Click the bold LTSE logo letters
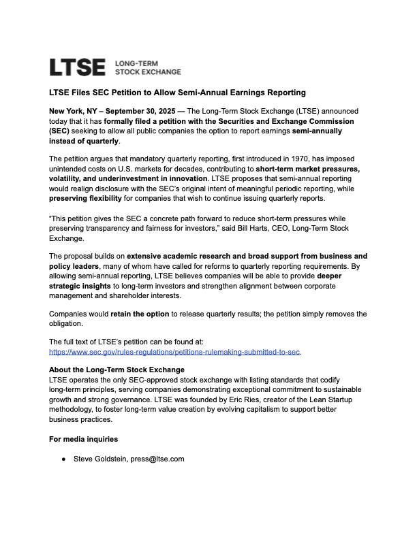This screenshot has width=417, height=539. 77,67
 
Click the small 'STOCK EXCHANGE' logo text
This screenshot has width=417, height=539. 148,71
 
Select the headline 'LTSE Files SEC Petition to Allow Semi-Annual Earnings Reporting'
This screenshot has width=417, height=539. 177,92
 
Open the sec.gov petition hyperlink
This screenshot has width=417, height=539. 175,352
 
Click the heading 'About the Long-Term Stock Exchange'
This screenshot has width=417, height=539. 117,370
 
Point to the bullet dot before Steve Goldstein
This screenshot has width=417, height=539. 63,459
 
